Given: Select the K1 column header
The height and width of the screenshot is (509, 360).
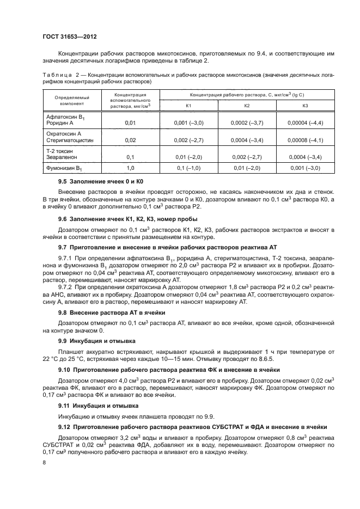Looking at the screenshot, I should coord(188,105).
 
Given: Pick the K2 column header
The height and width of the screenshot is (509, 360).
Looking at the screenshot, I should coord(247,105).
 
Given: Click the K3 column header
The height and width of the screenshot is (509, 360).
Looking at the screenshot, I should coord(305,105).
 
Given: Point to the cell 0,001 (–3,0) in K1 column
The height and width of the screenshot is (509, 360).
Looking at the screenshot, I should coord(188,123).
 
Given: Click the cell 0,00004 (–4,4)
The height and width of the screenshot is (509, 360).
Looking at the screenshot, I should coord(305,123).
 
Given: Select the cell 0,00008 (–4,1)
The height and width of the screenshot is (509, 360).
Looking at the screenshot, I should coord(305,140).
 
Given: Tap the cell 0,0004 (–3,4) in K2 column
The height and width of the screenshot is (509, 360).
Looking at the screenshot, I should coord(247,140).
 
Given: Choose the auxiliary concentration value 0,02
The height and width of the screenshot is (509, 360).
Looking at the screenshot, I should coord(130,140).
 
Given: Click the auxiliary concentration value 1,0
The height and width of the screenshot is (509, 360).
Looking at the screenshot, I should coord(130,168).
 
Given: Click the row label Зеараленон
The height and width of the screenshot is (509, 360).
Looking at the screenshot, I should coord(61,157).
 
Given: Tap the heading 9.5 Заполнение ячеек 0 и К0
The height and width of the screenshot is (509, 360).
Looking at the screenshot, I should coord(103,180).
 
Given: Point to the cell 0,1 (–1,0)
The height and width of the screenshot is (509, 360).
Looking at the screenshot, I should coord(188,168).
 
